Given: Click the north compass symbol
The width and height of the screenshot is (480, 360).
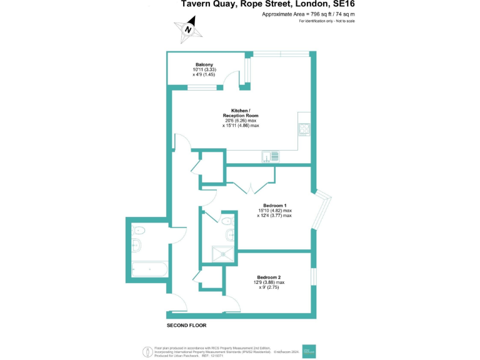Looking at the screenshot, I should pos(188,28).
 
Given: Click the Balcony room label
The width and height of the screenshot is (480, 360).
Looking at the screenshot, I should pos(204,65).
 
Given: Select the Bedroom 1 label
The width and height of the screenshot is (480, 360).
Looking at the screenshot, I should pos(275,206).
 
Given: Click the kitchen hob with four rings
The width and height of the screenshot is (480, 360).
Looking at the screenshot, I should pos(305,129).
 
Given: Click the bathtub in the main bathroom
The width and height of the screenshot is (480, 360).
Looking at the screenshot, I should pos(149,270).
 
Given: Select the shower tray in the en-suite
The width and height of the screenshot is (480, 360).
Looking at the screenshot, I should pos(222,252).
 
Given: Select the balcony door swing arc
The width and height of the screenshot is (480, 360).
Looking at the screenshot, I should pos(233,77).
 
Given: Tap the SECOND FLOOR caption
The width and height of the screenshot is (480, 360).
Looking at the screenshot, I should pos(186,326).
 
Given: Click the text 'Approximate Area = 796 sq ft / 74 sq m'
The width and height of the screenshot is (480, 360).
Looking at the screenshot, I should pos(308,14).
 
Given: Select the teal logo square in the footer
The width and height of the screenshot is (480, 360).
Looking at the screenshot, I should pos(310,352).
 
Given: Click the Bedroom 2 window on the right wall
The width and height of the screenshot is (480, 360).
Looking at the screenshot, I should pos(312,276).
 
